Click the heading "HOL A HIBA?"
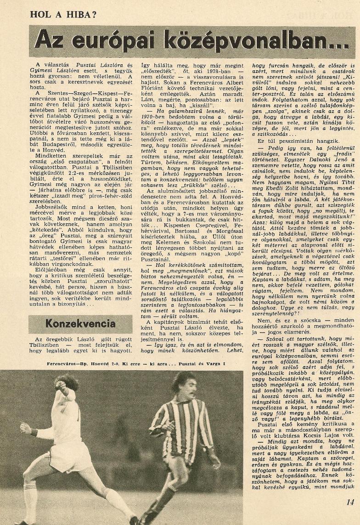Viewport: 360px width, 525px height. point(63,14)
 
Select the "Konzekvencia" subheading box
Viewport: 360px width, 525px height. point(80,323)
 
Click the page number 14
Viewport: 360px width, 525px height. point(350,502)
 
